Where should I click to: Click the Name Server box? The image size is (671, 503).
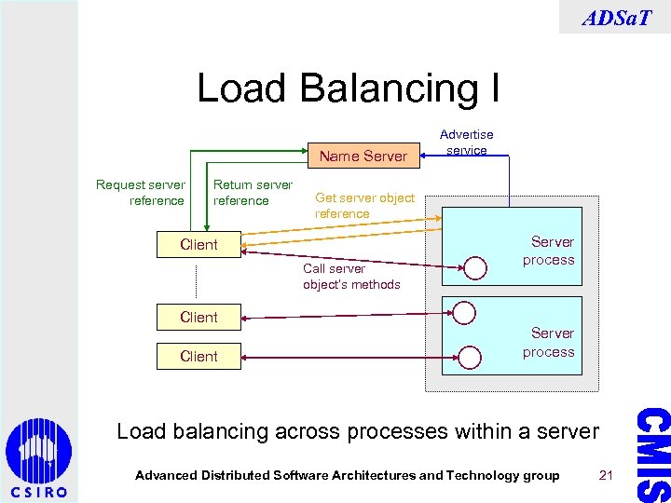click(363, 156)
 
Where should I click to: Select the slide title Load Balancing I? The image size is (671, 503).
click(348, 88)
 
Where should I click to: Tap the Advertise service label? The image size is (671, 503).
click(467, 143)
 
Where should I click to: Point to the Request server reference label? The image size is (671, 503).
click(140, 193)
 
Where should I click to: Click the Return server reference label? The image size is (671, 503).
click(253, 193)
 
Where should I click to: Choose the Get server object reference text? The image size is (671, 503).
click(364, 205)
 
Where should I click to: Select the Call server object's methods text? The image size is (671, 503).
click(351, 277)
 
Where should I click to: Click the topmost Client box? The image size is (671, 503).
click(199, 245)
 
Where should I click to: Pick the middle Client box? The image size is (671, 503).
click(199, 318)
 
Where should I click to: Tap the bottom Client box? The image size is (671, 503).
click(199, 357)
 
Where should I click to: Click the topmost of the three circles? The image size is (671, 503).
click(476, 268)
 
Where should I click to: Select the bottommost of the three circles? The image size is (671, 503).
click(470, 356)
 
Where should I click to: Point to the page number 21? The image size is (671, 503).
click(606, 475)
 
